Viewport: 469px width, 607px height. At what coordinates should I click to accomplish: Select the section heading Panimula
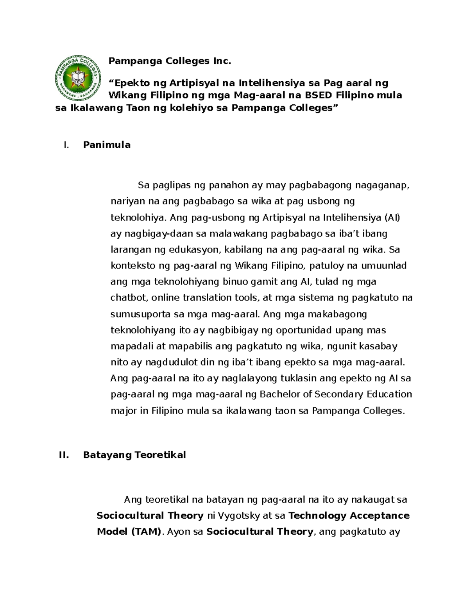click(x=107, y=145)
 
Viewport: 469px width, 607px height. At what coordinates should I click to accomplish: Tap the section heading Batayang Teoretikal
click(x=134, y=455)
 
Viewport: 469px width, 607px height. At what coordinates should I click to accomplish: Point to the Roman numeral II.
click(x=64, y=455)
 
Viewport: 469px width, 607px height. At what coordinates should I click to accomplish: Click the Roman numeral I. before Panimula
click(x=66, y=145)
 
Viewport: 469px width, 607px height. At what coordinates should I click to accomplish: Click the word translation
click(x=201, y=298)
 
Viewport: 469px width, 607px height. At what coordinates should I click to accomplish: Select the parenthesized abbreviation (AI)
click(x=392, y=218)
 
